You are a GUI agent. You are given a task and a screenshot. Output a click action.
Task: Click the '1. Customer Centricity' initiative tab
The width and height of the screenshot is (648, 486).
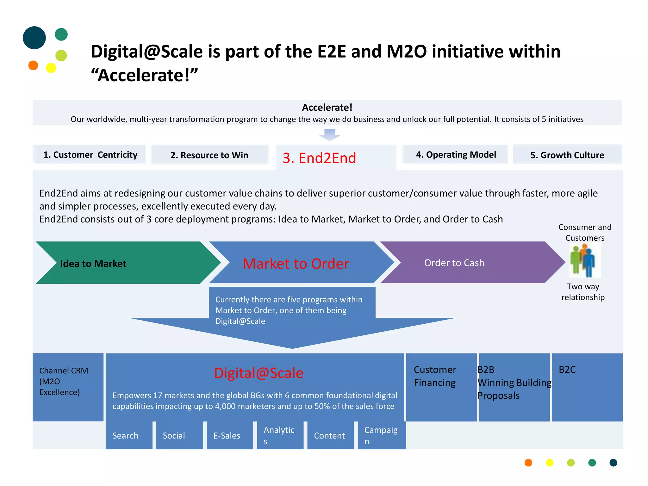90,155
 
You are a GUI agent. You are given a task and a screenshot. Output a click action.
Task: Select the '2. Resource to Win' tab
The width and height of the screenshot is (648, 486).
209,155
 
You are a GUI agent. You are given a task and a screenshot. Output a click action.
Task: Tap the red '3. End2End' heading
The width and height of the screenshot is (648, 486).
319,158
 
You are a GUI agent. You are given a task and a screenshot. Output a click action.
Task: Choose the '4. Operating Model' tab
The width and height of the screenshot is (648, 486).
456,154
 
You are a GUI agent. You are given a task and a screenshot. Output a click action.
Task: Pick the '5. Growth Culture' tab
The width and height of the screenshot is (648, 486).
567,155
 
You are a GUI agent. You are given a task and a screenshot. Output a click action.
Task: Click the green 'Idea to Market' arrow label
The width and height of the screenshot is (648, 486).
93,264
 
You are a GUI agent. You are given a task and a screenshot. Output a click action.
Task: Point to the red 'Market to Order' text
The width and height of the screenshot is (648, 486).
296,264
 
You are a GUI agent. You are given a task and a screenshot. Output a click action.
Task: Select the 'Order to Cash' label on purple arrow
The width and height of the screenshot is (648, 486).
454,263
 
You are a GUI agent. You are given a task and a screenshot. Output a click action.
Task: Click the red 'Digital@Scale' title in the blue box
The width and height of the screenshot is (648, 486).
259,373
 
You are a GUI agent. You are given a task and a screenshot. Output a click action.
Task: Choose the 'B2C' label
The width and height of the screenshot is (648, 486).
567,370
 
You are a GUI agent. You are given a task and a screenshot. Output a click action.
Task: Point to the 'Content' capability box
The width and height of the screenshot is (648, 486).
330,435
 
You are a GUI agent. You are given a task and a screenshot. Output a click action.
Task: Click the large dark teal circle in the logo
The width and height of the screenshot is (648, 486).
34,38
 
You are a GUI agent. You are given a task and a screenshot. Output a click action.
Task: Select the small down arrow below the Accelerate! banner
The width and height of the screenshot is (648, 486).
330,134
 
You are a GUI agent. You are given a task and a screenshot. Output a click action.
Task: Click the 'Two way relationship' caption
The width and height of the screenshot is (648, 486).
583,292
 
